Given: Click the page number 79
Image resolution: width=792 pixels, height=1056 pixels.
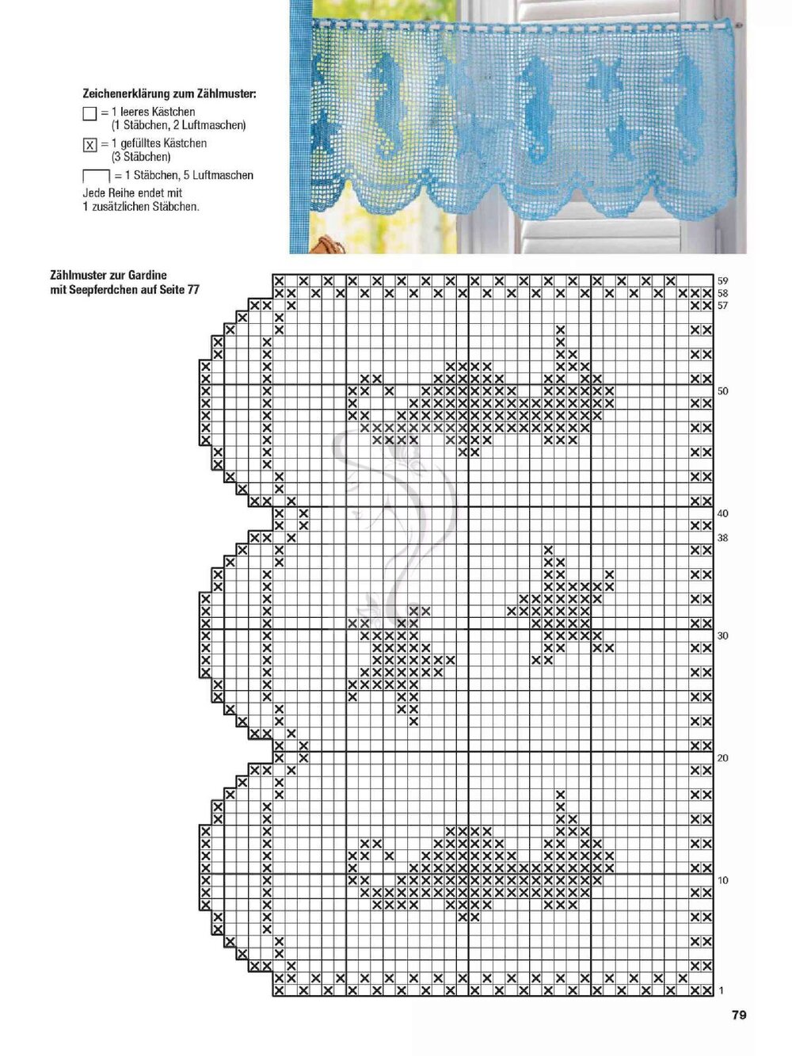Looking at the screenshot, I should (739, 1015).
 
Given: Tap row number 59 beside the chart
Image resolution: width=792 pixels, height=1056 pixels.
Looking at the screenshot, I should (722, 281).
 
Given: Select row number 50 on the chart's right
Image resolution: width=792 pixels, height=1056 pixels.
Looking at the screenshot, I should (722, 391).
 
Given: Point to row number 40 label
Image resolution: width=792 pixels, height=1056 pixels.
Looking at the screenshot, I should (722, 513).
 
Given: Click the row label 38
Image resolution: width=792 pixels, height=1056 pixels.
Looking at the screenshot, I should (722, 538).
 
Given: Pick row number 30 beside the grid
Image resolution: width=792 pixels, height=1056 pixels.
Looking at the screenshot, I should (722, 636).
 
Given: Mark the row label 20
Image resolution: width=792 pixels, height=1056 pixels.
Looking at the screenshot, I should (722, 758).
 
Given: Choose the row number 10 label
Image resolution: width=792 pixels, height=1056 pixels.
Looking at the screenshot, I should (722, 880).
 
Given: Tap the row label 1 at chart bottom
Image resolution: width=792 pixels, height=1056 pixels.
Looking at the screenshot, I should (721, 990).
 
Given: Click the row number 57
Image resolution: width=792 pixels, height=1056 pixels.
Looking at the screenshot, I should (722, 306).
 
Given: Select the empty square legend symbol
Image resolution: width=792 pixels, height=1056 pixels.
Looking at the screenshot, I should (89, 113).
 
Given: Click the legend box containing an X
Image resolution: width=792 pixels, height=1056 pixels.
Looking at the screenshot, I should (89, 145).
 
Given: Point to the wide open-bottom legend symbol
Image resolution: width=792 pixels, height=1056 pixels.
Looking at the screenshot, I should (96, 176).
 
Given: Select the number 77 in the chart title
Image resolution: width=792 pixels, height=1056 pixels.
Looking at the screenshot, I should (192, 290).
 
